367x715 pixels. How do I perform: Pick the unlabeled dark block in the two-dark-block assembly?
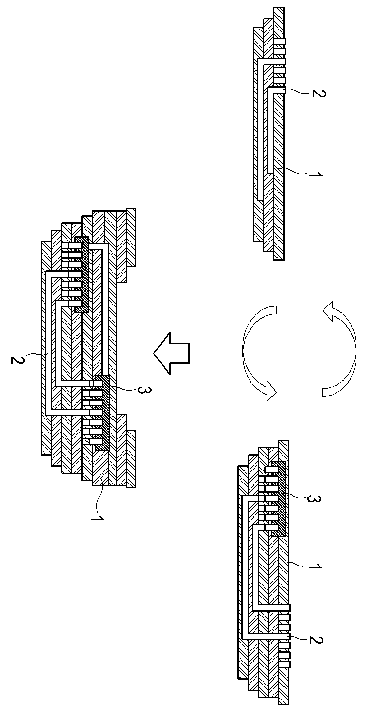(82, 275)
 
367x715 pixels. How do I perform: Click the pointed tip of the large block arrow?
(154, 353)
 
